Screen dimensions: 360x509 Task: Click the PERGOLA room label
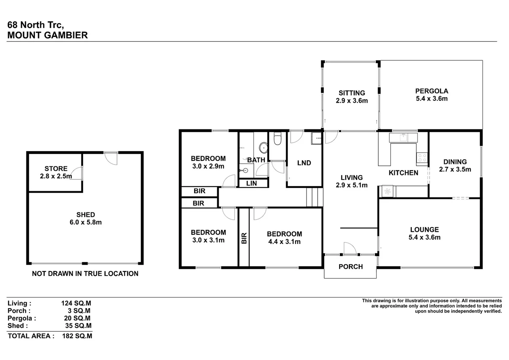[x=431, y=91]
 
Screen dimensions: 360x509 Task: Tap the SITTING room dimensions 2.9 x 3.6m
[x=352, y=101]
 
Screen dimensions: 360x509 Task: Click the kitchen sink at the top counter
[x=403, y=137]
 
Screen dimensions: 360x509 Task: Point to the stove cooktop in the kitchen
[x=422, y=158]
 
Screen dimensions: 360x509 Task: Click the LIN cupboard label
[x=251, y=183]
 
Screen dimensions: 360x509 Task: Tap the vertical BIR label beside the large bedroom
[x=244, y=238]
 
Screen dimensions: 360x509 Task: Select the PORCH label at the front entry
[x=350, y=267]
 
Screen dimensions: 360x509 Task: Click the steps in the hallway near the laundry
[x=314, y=197]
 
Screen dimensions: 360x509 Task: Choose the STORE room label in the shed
[x=56, y=169]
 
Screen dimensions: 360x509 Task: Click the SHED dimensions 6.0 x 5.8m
[x=86, y=222]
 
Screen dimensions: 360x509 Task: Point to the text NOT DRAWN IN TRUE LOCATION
[x=85, y=274]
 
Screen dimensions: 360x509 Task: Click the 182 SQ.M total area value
[x=77, y=336]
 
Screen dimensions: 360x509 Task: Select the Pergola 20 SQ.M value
[x=77, y=318]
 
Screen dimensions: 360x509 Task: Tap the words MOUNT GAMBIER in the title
[x=48, y=35]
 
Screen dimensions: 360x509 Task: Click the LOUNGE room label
[x=424, y=230]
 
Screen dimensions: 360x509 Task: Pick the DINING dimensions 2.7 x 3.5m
[x=455, y=169]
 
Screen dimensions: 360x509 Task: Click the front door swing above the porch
[x=350, y=248]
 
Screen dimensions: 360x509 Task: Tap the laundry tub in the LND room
[x=317, y=138]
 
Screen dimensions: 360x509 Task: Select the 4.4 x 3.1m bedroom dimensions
[x=284, y=242]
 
